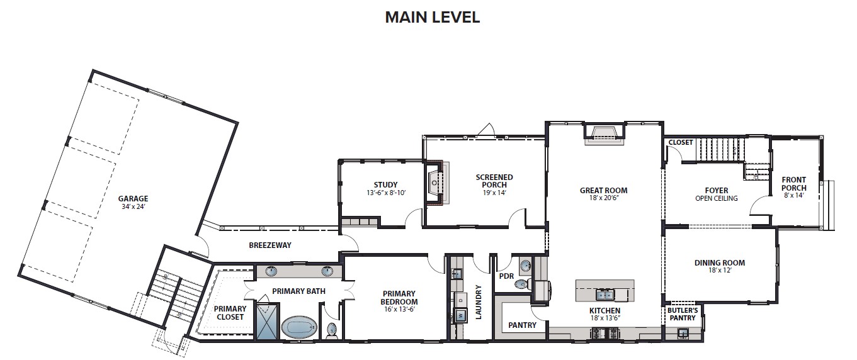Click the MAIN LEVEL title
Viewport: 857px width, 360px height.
click(433, 17)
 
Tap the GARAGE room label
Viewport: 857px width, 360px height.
click(133, 198)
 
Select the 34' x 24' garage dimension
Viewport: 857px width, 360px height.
click(133, 207)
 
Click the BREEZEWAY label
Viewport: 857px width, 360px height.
click(270, 245)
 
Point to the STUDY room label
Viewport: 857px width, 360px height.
click(385, 185)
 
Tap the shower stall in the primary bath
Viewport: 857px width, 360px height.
click(267, 320)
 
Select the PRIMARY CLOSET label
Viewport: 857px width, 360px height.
click(230, 313)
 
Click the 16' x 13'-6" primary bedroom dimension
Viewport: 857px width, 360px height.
click(399, 309)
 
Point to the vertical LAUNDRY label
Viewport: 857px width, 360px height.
click(478, 302)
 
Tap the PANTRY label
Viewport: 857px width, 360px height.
click(522, 325)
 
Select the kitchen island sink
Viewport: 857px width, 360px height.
click(605, 295)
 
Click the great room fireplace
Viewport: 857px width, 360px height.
click(604, 136)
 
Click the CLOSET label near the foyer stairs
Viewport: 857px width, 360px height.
click(681, 142)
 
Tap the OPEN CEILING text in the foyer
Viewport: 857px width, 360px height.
click(716, 198)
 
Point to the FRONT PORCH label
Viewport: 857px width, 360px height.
click(794, 184)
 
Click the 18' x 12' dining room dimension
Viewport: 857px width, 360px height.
click(719, 271)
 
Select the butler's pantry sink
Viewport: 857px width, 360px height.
click(683, 334)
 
